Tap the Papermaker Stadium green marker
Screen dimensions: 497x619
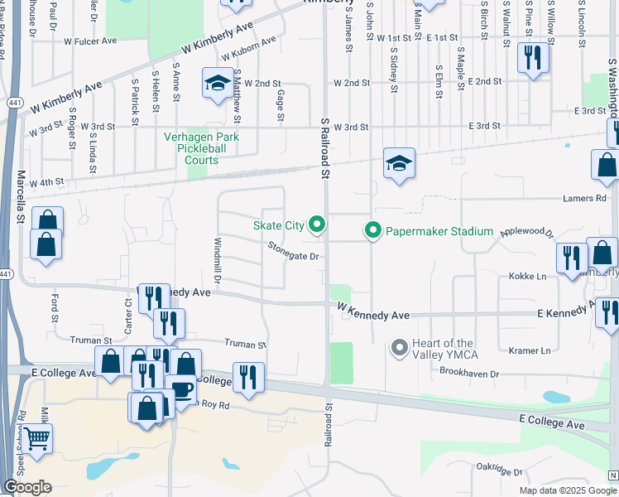point(372,231)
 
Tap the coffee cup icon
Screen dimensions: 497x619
point(180,390)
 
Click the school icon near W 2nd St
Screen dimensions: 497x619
point(218,83)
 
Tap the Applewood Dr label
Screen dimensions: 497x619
point(526,234)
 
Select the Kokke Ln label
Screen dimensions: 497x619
point(528,276)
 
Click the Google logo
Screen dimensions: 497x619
point(27,487)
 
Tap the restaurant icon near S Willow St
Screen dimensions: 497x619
point(532,57)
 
